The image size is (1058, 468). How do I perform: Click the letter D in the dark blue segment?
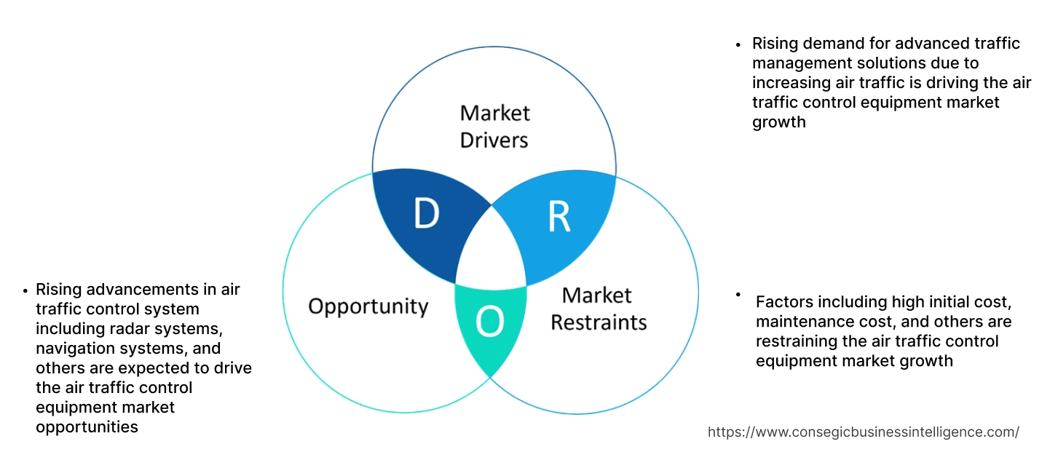point(426,214)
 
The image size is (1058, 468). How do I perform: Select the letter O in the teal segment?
point(489,322)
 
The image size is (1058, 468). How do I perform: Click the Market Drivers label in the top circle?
point(494,126)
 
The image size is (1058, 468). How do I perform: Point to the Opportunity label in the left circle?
point(368,306)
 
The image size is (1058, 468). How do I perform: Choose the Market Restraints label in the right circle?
point(598,309)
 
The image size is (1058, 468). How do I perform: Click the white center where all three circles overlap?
point(491,251)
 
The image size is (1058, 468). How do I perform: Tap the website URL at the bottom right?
point(863,432)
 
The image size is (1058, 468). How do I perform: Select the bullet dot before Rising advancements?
point(25,290)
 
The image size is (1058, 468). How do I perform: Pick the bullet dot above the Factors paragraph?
point(738,295)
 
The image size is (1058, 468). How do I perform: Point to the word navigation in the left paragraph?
point(72,349)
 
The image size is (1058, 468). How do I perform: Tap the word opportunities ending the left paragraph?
point(87,427)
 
